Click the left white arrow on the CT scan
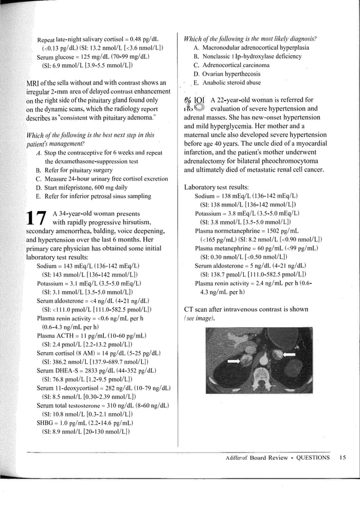click(x=233, y=359)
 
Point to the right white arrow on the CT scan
click(x=288, y=354)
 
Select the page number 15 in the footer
click(x=343, y=458)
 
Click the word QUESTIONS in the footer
click(x=313, y=458)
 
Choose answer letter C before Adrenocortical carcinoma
click(x=196, y=65)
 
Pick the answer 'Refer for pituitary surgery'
click(x=82, y=169)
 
